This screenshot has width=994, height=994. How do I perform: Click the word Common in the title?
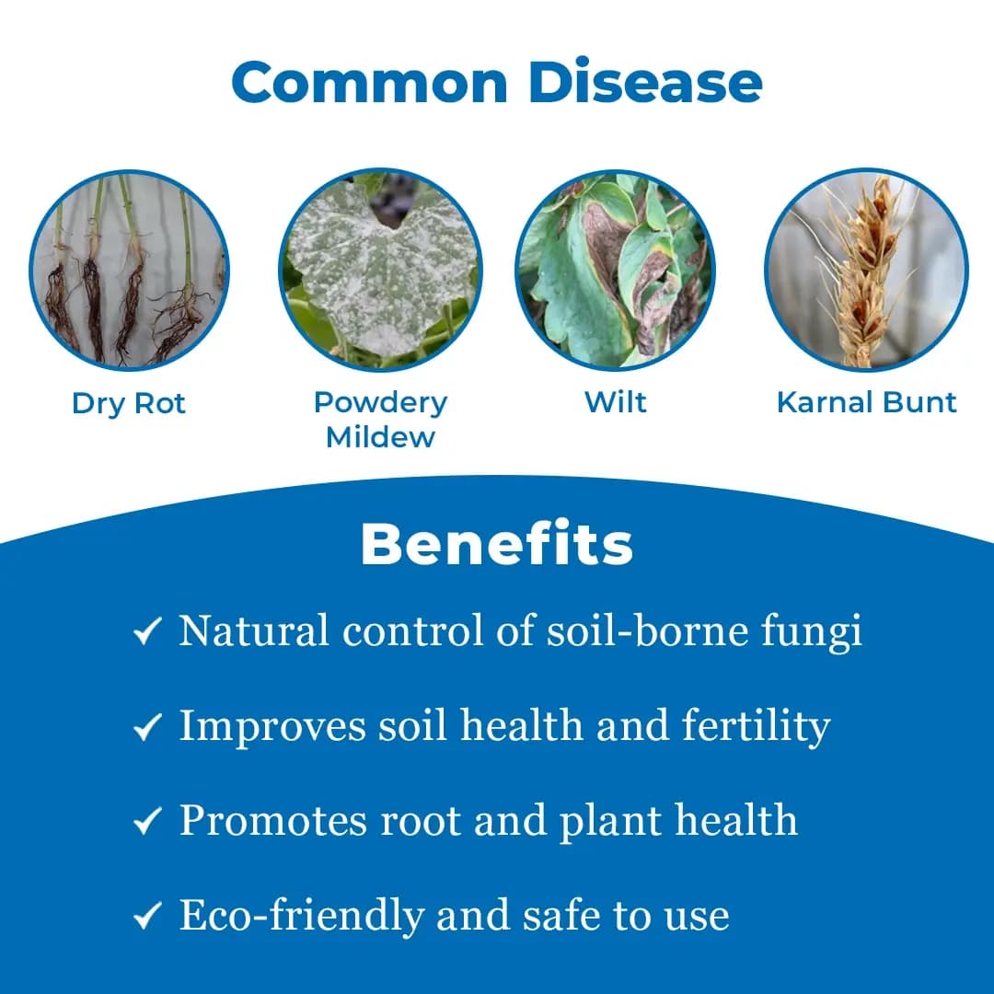(x=370, y=83)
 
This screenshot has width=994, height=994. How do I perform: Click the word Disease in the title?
(x=645, y=83)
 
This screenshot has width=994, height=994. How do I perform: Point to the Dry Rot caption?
(x=129, y=403)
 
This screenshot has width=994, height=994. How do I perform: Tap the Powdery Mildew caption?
(x=380, y=419)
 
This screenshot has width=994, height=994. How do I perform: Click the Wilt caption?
(x=615, y=402)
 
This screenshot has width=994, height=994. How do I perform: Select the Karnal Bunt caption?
(x=866, y=402)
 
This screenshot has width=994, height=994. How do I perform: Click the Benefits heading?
(x=497, y=545)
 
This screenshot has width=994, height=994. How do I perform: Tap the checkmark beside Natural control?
(x=147, y=633)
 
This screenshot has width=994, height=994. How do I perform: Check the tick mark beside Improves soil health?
(x=147, y=728)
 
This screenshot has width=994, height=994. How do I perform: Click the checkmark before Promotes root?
(x=147, y=822)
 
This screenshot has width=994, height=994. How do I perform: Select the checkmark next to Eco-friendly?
(x=147, y=917)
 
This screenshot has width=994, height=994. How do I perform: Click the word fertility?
(x=756, y=726)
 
